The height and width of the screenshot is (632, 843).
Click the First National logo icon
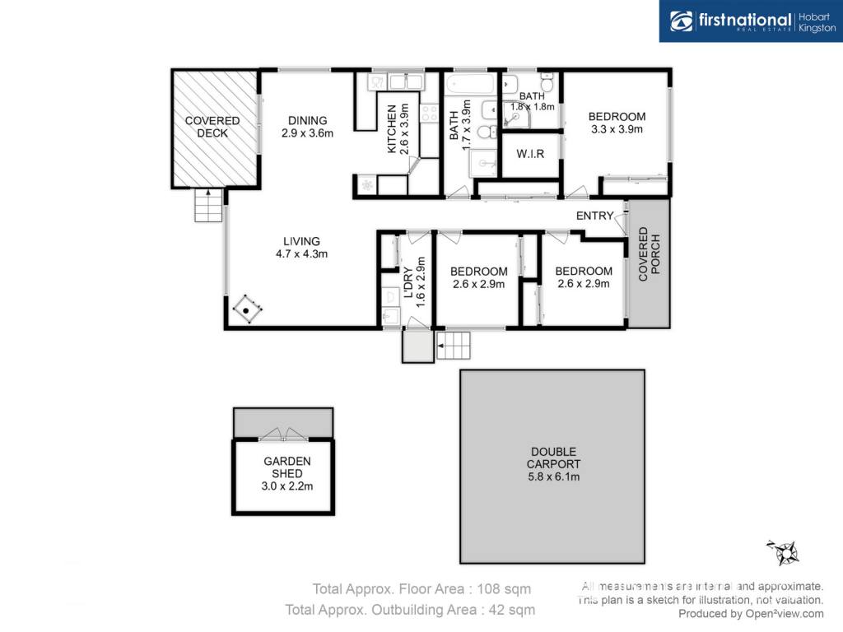(x=682, y=21)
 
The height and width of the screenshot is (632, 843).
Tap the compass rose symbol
(x=784, y=552)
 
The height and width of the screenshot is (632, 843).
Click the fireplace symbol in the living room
(x=247, y=309)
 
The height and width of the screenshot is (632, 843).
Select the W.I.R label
(x=530, y=154)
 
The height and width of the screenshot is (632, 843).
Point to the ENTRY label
(x=594, y=216)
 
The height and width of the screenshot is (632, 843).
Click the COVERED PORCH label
(x=649, y=254)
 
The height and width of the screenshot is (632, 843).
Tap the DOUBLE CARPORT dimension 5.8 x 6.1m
(x=554, y=476)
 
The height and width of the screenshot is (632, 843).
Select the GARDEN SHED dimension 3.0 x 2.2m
(x=287, y=486)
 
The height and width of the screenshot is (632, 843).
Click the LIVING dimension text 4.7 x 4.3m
(x=301, y=253)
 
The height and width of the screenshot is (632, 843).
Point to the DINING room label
(x=308, y=120)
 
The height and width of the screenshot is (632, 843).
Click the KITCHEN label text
(x=392, y=129)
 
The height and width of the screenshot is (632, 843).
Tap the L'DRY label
(x=408, y=283)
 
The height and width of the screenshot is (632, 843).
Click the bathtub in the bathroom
(x=470, y=85)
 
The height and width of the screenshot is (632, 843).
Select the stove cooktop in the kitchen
(x=430, y=113)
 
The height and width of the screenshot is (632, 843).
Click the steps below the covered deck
(x=208, y=205)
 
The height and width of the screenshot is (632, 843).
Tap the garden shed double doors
(x=283, y=434)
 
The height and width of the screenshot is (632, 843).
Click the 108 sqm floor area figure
(x=505, y=589)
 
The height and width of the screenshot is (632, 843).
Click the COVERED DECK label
(x=212, y=127)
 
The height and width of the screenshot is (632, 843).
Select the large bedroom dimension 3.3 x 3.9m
(x=617, y=129)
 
